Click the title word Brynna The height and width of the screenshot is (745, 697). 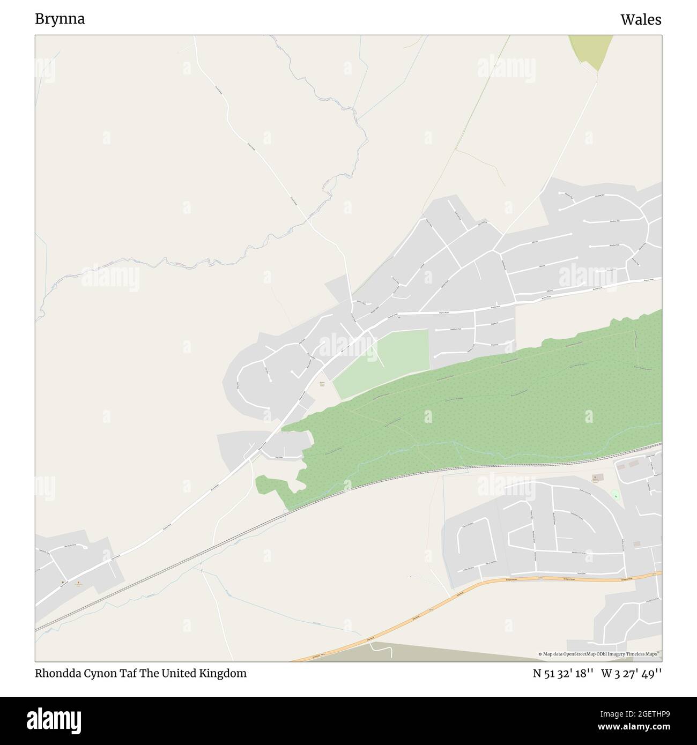point(60,19)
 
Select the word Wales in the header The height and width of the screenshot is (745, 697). point(641,20)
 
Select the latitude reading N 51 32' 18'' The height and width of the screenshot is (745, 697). point(562,673)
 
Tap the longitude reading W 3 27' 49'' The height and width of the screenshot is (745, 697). point(631,673)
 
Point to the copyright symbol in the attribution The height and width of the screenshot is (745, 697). point(540,654)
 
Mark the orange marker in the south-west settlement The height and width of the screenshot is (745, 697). point(79,583)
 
